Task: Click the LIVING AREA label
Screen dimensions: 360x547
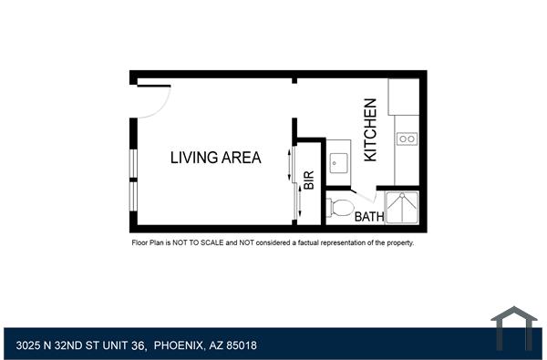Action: click(215, 158)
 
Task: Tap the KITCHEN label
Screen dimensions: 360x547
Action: click(371, 130)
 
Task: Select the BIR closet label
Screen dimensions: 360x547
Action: click(309, 180)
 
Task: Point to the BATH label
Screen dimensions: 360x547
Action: click(368, 217)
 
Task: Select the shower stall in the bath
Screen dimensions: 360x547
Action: click(402, 207)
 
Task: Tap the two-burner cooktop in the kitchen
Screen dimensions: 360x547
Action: click(407, 139)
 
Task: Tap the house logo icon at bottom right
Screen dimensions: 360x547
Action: click(514, 329)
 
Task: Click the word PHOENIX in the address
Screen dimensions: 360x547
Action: click(179, 345)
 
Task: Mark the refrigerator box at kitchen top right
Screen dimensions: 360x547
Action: click(403, 97)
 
